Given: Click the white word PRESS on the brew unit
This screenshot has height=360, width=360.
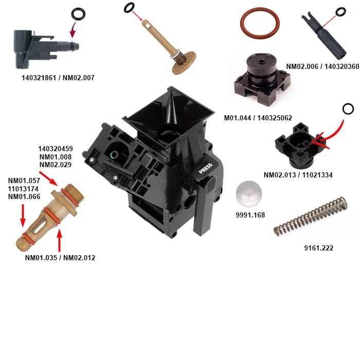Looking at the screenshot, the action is [x=206, y=169].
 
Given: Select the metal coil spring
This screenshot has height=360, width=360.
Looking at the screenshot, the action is [x=311, y=217].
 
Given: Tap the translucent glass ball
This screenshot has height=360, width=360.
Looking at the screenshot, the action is [x=249, y=194].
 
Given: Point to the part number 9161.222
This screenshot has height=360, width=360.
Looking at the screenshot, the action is [x=319, y=248].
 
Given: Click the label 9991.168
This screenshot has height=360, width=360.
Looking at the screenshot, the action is [x=250, y=215].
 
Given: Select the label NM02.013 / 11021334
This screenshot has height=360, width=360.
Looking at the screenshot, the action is [x=298, y=175].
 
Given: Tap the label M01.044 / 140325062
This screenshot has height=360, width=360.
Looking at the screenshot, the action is [x=258, y=118].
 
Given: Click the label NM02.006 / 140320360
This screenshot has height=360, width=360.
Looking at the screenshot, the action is [x=322, y=66].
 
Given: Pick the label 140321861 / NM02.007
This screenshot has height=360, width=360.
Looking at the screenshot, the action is [x=58, y=78].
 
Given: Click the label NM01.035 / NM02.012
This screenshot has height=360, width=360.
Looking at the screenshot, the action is [x=60, y=258].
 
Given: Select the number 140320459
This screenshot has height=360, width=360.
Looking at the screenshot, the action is [x=56, y=149].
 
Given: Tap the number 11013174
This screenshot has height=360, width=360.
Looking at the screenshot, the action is [x=23, y=189].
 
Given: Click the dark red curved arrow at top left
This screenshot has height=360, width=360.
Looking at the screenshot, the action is [x=73, y=30].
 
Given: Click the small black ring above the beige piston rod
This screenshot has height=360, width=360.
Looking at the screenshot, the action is [x=129, y=8].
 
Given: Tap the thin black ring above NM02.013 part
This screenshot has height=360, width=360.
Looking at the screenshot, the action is [x=348, y=109].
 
